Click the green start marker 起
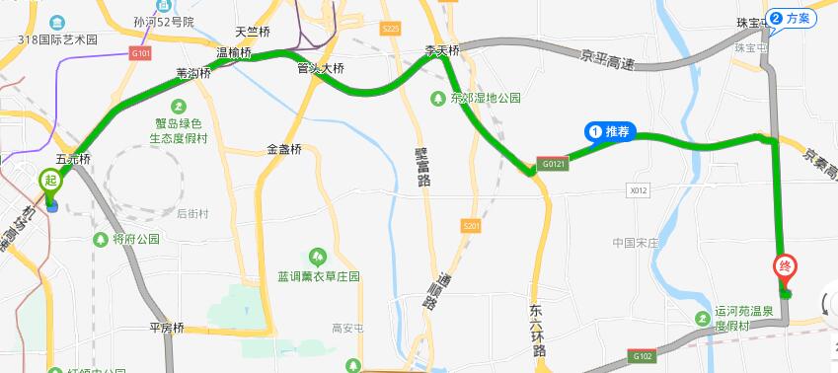[50, 182]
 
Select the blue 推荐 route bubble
[610, 131]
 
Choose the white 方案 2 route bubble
[793, 18]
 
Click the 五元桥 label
[72, 158]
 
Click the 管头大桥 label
[321, 69]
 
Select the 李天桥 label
[441, 49]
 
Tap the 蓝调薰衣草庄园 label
[318, 276]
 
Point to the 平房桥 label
[167, 327]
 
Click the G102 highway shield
[643, 355]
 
